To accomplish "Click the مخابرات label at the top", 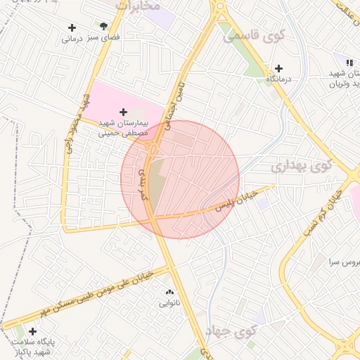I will [139, 5].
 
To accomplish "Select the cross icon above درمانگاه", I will [279, 69].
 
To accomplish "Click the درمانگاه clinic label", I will [278, 80].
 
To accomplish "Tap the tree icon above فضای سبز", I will [105, 26].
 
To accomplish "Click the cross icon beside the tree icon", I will [72, 28].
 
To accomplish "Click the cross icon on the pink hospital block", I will [124, 112].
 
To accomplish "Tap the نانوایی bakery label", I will [169, 304].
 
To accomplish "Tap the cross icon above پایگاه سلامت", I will [32, 331].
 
